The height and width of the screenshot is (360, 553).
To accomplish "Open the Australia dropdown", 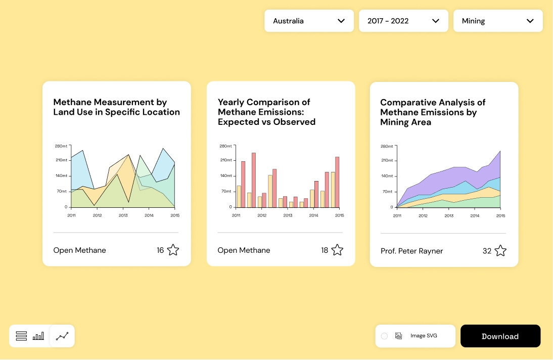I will click(x=309, y=21).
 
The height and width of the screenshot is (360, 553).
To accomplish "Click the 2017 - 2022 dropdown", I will click(x=403, y=21).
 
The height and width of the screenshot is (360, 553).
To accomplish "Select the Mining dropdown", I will click(x=498, y=21).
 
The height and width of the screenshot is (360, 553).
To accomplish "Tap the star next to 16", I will click(x=173, y=250).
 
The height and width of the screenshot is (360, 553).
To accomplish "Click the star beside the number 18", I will click(x=337, y=250).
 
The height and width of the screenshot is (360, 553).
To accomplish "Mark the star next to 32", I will click(x=500, y=251).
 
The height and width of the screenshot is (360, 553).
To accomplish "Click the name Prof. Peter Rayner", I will click(x=411, y=251).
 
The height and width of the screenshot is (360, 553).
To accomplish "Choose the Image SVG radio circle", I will click(x=384, y=336).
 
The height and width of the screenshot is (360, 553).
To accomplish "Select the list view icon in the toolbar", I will click(x=21, y=336).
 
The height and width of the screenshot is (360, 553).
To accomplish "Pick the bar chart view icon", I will click(x=38, y=336).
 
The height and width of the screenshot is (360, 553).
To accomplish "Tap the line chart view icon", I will click(x=62, y=336).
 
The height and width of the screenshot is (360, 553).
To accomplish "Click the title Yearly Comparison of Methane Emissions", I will click(x=266, y=112).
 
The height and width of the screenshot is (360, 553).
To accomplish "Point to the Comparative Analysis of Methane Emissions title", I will click(x=433, y=112).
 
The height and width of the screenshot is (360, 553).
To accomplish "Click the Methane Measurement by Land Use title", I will click(x=116, y=107).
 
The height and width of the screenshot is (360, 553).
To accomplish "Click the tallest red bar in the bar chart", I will click(x=254, y=179).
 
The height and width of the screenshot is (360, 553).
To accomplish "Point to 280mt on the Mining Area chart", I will click(x=387, y=147).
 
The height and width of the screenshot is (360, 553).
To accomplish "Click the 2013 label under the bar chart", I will click(x=288, y=215).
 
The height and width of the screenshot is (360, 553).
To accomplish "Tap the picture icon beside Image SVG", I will click(x=398, y=336).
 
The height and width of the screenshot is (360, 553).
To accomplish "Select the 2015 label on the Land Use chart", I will click(x=175, y=215).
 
